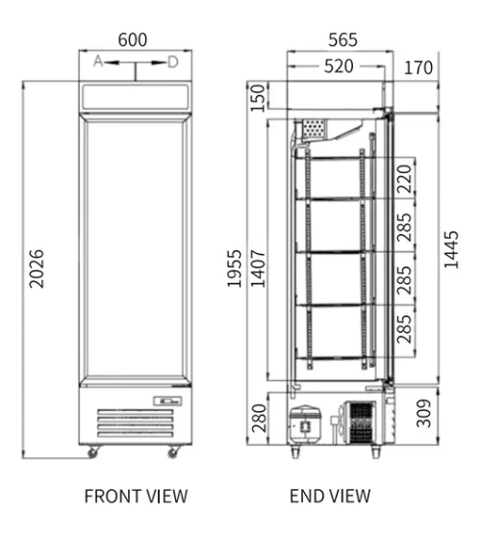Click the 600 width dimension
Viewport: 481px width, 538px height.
point(133,39)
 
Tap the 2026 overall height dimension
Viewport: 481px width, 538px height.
point(37,269)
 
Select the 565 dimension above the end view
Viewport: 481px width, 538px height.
point(342,39)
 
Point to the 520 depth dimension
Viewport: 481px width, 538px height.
point(339,66)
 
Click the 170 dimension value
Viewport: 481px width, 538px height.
point(418,67)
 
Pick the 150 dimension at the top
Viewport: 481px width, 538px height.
point(258,98)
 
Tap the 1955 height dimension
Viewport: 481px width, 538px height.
point(235,269)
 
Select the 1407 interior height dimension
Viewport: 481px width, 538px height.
point(258,269)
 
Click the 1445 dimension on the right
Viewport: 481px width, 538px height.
point(451,249)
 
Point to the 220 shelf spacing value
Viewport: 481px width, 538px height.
point(404,179)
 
